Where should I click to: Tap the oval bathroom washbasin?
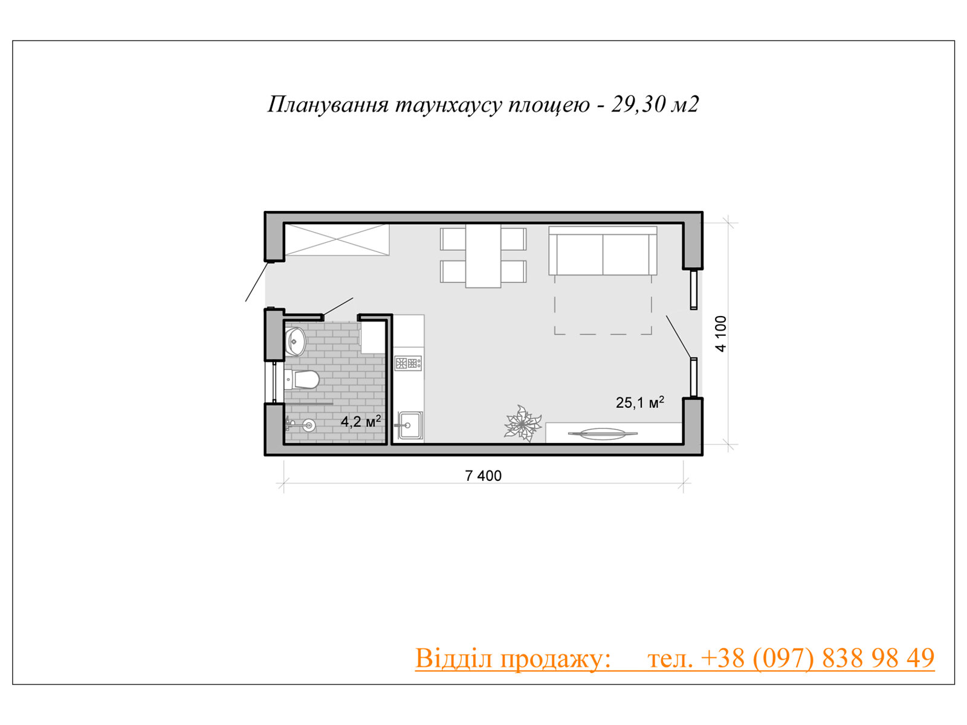click(296, 341)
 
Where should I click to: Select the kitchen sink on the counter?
click(410, 425)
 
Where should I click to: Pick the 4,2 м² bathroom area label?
click(361, 421)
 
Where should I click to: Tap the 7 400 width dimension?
click(483, 476)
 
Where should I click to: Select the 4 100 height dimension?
click(721, 333)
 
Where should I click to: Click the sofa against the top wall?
click(603, 251)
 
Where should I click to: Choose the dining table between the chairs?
click(483, 256)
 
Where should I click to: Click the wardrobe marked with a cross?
click(337, 239)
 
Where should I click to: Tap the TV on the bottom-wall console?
click(602, 434)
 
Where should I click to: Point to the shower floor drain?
click(308, 425)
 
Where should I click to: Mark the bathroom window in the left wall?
click(274, 382)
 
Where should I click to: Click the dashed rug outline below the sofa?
click(603, 304)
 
